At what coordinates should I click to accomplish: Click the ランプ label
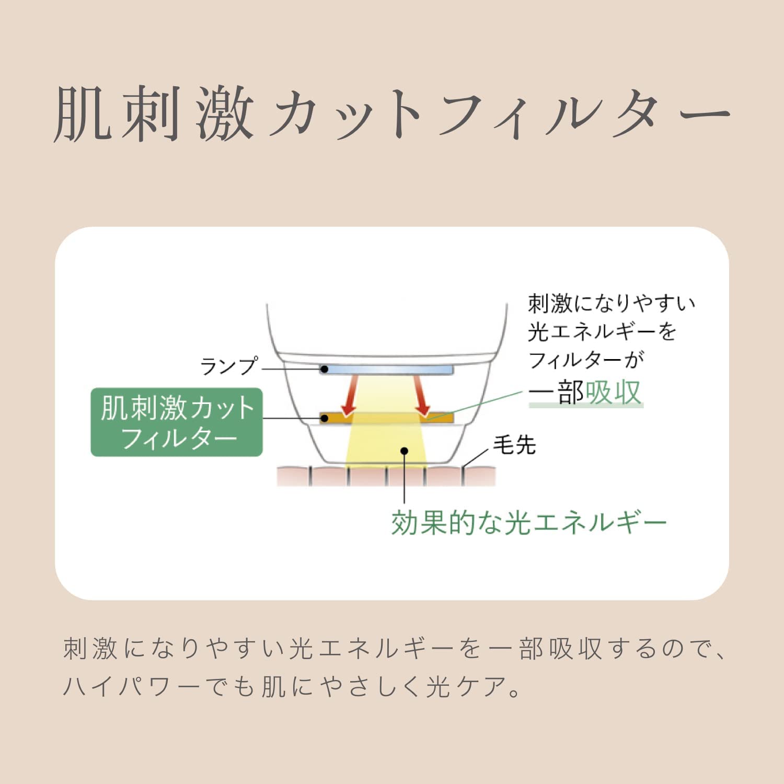pos(229,366)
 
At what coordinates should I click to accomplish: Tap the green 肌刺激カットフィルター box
pos(177,422)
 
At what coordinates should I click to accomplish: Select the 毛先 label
pos(514,445)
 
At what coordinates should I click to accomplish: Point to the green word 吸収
pos(613,393)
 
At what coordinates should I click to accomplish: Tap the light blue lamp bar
pos(387,370)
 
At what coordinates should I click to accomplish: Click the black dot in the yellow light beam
pos(404,451)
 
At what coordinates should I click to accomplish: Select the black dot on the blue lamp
pos(324,370)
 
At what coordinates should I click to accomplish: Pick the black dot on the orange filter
pos(324,418)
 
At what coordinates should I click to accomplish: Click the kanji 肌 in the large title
pos(83,114)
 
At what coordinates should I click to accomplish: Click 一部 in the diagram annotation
pos(556,393)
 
